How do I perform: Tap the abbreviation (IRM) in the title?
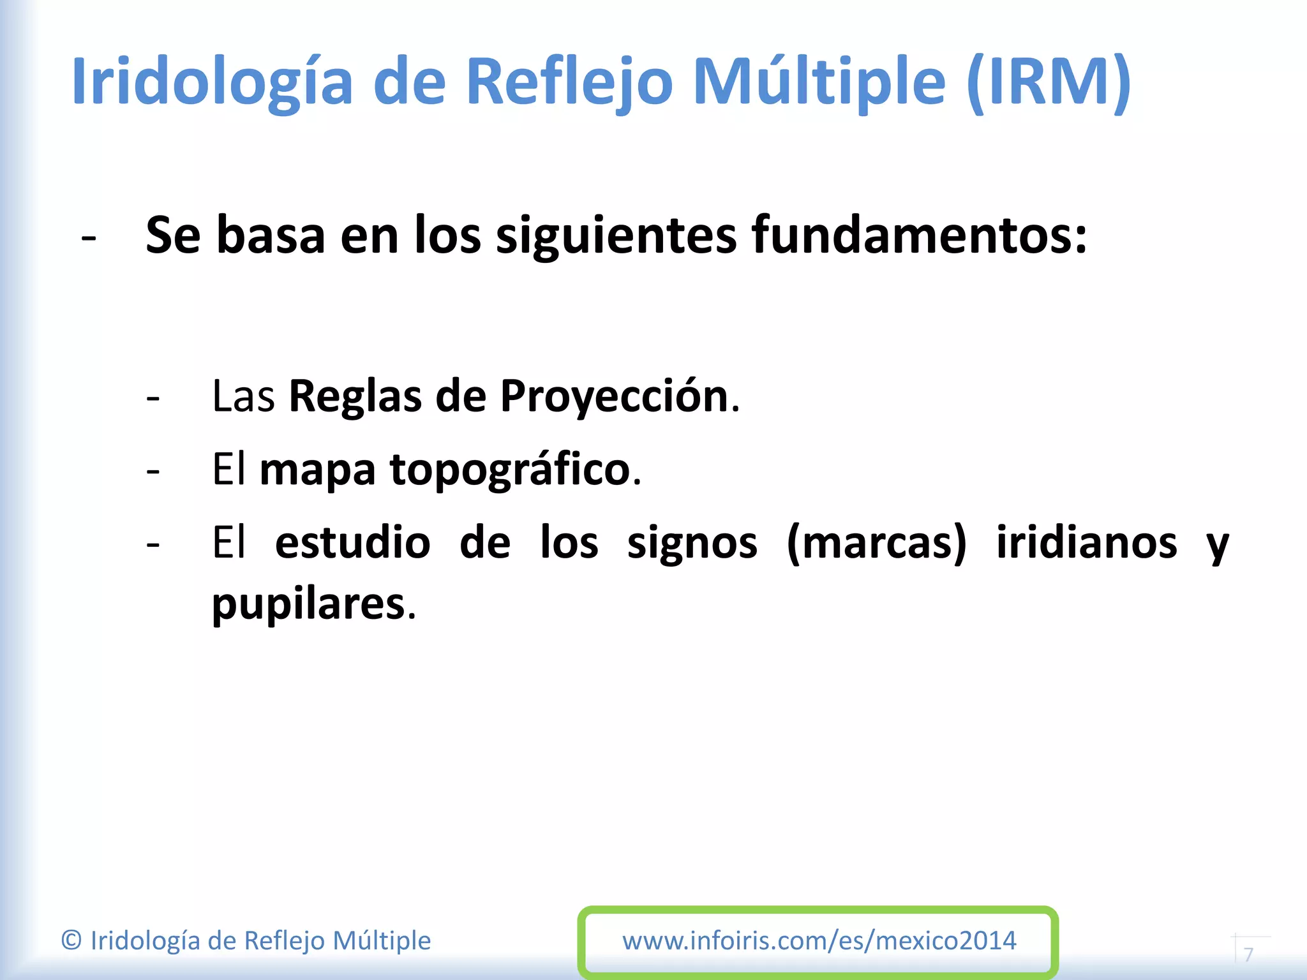tap(1049, 82)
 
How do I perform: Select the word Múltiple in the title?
tap(819, 82)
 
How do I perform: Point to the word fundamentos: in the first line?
tap(919, 235)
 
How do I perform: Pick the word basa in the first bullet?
tap(271, 235)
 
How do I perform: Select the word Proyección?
tap(615, 397)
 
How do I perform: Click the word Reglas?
tap(355, 397)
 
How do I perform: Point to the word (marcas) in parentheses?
tap(877, 544)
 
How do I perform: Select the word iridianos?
tap(1086, 542)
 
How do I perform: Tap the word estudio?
tap(352, 542)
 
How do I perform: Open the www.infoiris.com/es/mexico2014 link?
tap(819, 940)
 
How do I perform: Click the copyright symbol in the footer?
tap(71, 940)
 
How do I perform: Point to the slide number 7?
tap(1249, 954)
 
